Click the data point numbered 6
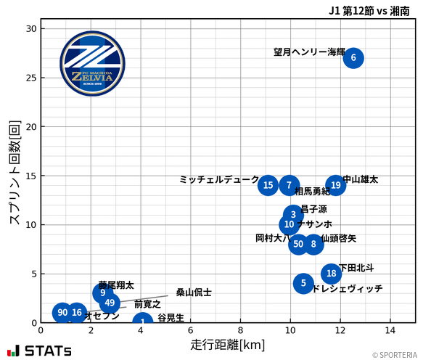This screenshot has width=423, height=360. pyautogui.click(x=353, y=57)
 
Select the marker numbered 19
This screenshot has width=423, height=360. pyautogui.click(x=335, y=185)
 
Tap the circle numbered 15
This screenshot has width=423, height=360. pyautogui.click(x=268, y=185)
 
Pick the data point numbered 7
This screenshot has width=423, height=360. pyautogui.click(x=289, y=185)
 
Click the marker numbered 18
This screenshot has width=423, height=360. pyautogui.click(x=332, y=274)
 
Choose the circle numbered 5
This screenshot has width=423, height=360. pyautogui.click(x=303, y=283)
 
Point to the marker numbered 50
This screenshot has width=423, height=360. pyautogui.click(x=298, y=244)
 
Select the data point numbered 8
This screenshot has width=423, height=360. pyautogui.click(x=313, y=244)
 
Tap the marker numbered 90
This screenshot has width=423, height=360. pyautogui.click(x=62, y=313)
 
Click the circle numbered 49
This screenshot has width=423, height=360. pyautogui.click(x=110, y=303)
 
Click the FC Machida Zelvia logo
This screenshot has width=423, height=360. pyautogui.click(x=92, y=64)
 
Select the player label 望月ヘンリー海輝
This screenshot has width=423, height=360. pyautogui.click(x=309, y=52)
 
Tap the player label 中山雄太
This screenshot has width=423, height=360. pyautogui.click(x=361, y=179)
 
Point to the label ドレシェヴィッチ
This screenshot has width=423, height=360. pyautogui.click(x=347, y=289)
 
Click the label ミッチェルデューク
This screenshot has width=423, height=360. pyautogui.click(x=218, y=179)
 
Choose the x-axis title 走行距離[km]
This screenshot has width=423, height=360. pyautogui.click(x=227, y=343)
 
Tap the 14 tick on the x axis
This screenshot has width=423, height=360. pyautogui.click(x=390, y=330)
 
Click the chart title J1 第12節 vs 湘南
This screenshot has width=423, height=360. pyautogui.click(x=369, y=10)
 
